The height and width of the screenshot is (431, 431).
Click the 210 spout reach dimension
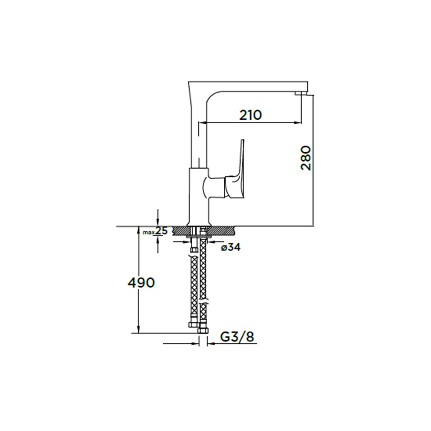click(250, 115)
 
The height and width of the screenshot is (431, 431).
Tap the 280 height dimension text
click(306, 158)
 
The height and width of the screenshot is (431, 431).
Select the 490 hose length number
click(141, 283)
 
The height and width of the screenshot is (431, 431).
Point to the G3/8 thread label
click(237, 337)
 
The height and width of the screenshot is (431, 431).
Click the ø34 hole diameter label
click(231, 247)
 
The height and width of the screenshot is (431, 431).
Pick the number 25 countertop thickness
click(161, 231)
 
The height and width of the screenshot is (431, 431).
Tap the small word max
click(149, 233)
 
